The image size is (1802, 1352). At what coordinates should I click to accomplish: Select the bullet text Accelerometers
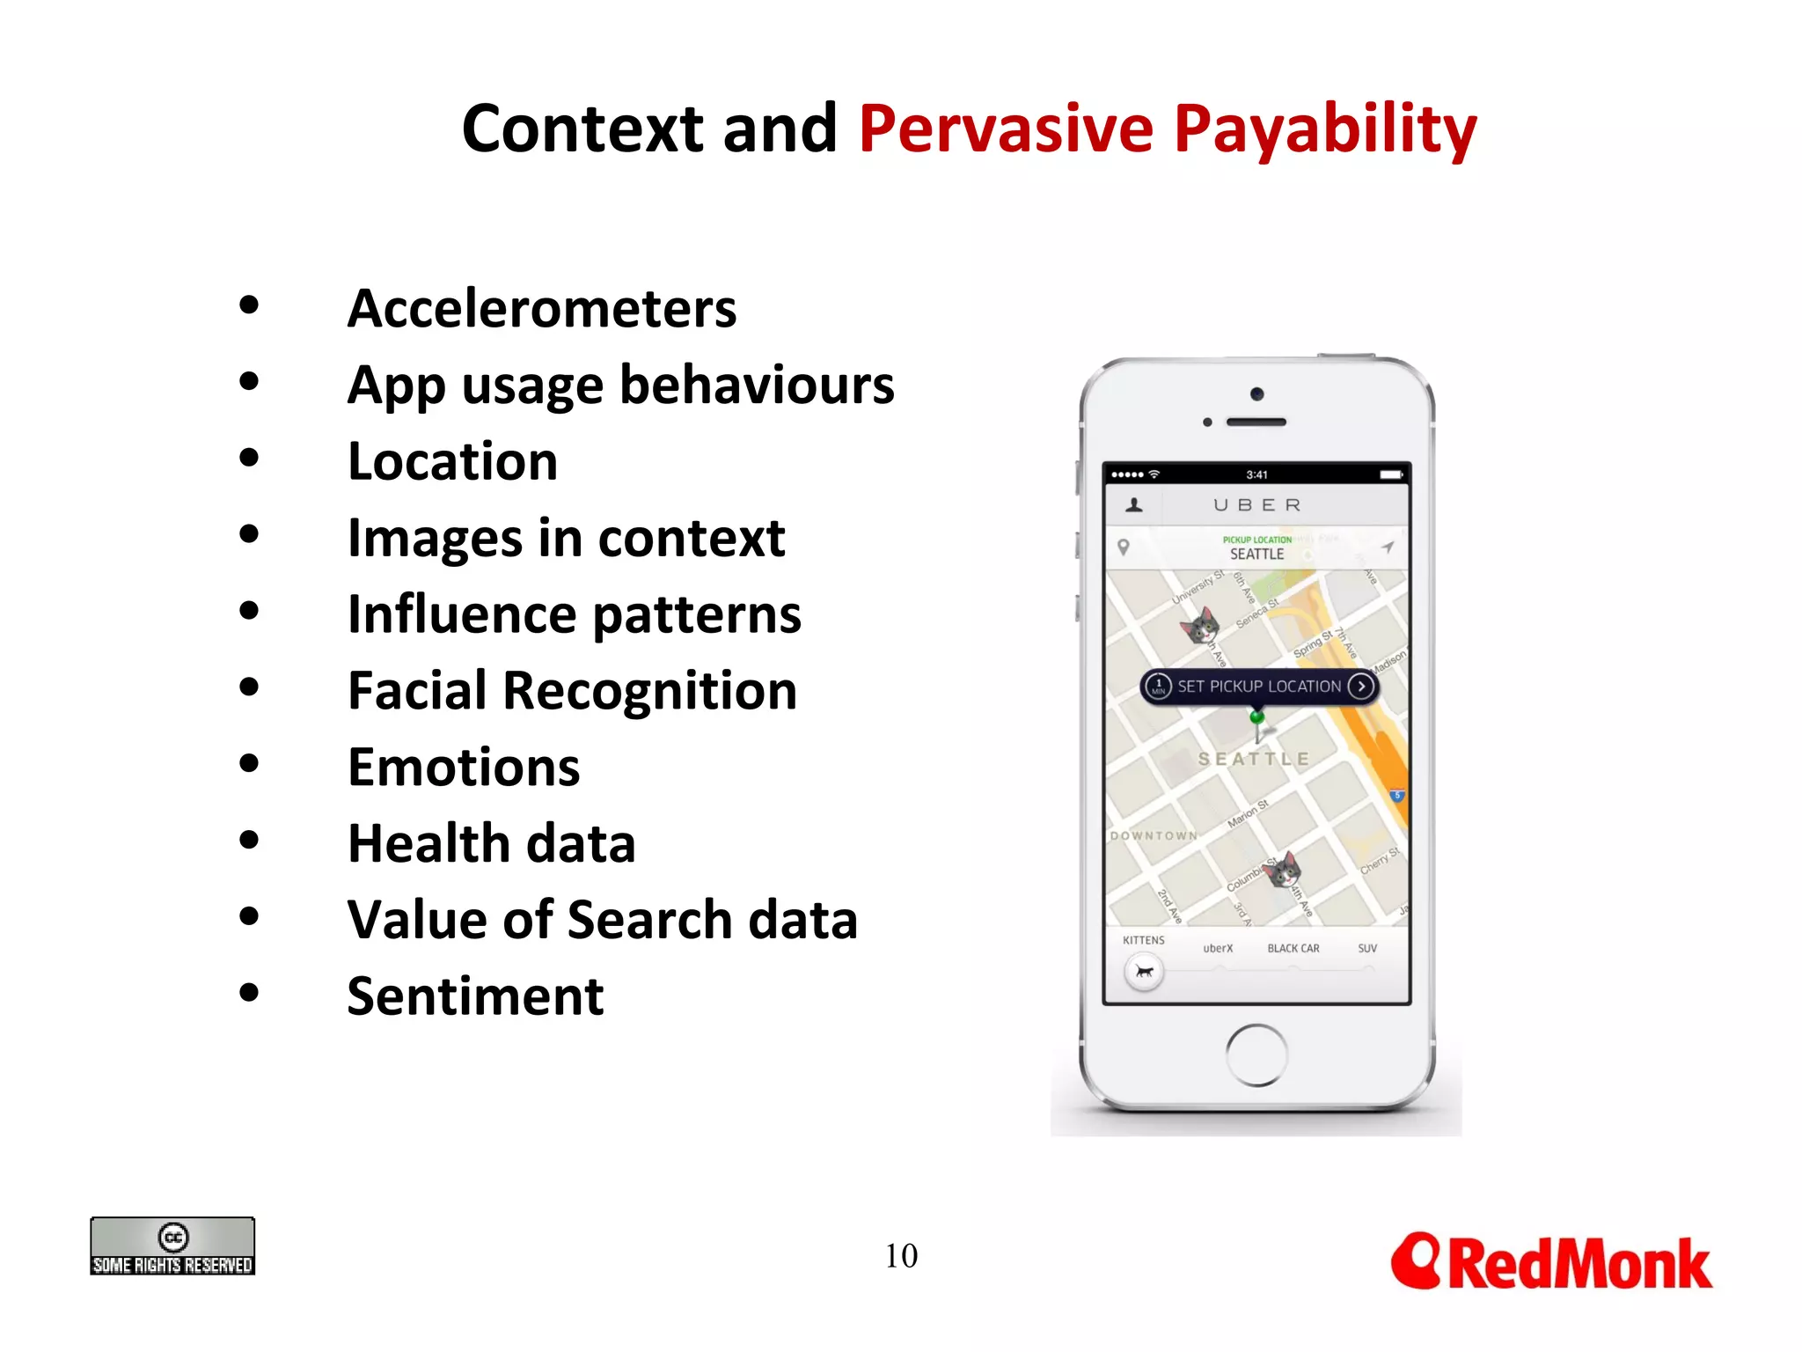[x=542, y=309]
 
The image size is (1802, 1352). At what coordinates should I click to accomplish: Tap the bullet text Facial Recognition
[x=572, y=691]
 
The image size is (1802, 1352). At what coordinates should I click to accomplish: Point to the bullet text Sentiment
[x=475, y=996]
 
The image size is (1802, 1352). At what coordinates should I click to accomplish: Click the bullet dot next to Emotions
[x=249, y=763]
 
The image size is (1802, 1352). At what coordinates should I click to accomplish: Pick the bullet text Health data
[x=491, y=843]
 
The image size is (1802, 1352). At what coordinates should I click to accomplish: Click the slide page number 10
[x=901, y=1256]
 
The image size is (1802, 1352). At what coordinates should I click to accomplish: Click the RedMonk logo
[x=1550, y=1262]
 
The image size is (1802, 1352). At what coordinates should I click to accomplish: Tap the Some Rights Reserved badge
[x=172, y=1246]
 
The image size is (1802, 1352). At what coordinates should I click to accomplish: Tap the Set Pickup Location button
[x=1258, y=687]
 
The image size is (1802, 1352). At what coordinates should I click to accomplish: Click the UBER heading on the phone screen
[x=1256, y=505]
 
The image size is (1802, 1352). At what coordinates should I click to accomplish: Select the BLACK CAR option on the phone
[x=1293, y=949]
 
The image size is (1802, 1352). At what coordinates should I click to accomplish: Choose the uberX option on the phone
[x=1218, y=949]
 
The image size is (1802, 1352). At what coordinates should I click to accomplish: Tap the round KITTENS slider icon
[x=1144, y=973]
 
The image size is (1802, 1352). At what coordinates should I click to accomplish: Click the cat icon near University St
[x=1200, y=626]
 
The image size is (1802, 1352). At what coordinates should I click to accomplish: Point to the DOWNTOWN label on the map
[x=1154, y=835]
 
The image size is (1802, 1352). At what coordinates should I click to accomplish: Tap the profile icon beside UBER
[x=1134, y=505]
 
